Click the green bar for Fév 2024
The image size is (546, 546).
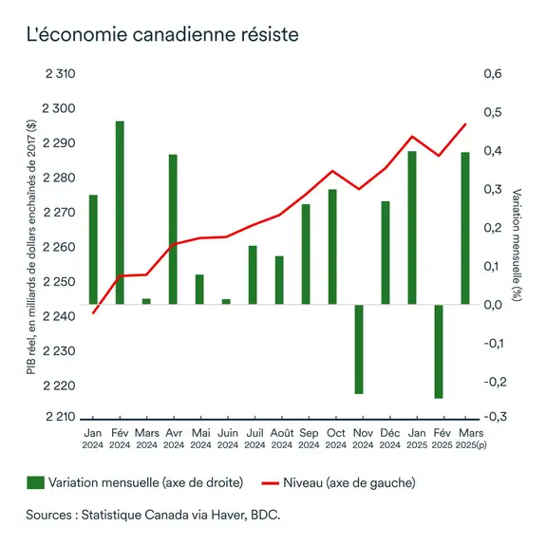pyautogui.click(x=120, y=213)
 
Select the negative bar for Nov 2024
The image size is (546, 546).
pyautogui.click(x=359, y=348)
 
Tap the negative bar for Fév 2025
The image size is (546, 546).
pyautogui.click(x=439, y=351)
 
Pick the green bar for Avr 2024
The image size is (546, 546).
pyautogui.click(x=173, y=229)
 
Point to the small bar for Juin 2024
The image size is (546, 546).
pyautogui.click(x=226, y=301)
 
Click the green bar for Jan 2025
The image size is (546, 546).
pyautogui.click(x=412, y=228)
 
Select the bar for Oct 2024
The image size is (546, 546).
pyautogui.click(x=332, y=247)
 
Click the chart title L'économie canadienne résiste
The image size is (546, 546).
pyautogui.click(x=161, y=34)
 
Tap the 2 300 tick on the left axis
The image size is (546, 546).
pyautogui.click(x=59, y=108)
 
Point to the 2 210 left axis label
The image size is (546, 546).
pyautogui.click(x=59, y=418)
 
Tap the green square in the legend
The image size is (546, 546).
pyautogui.click(x=35, y=482)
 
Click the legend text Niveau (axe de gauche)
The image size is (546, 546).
pyautogui.click(x=349, y=482)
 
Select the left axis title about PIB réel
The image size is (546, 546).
pyautogui.click(x=31, y=246)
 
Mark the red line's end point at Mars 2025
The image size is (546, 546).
pyautogui.click(x=465, y=123)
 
